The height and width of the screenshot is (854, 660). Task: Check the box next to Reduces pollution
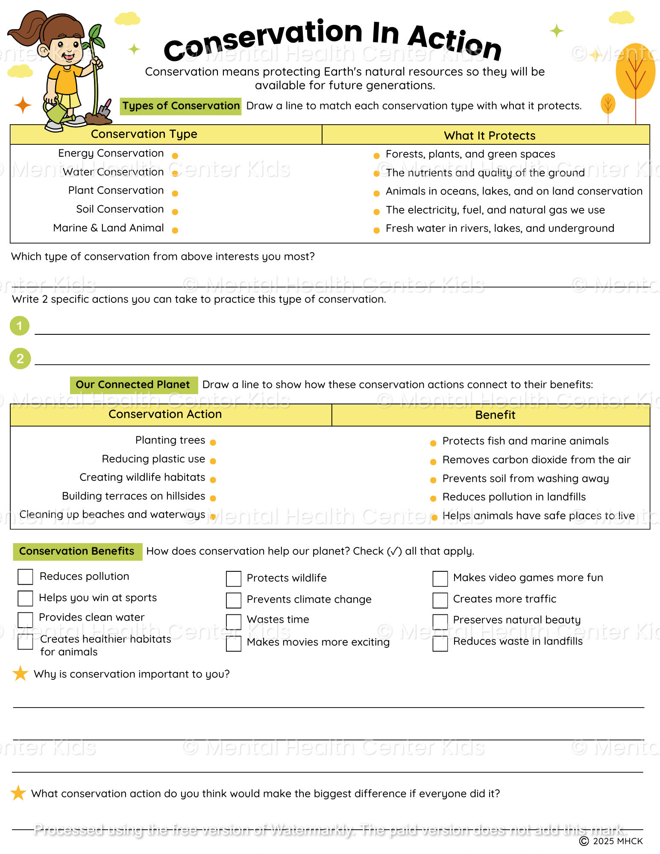(25, 576)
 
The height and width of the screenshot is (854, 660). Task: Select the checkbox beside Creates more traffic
(440, 600)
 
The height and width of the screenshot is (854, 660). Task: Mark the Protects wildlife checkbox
(234, 579)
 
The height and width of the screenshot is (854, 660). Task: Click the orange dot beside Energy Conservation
(175, 156)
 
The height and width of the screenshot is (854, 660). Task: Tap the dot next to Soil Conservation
(175, 212)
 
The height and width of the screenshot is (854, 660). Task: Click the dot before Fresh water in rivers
(376, 231)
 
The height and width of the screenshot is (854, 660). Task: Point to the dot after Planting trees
(213, 442)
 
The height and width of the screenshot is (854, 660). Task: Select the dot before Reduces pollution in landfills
(433, 498)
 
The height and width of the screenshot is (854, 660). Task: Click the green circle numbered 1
(20, 326)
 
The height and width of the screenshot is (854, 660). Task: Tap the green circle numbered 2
(20, 359)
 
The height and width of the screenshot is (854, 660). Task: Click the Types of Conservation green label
(181, 106)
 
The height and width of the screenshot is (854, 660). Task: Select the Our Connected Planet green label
(133, 385)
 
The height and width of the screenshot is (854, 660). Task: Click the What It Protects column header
(490, 136)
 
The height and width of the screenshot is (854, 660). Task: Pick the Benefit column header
(495, 415)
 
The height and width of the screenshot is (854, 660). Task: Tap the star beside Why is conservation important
(20, 673)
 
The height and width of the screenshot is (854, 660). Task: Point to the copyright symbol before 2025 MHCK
(584, 841)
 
